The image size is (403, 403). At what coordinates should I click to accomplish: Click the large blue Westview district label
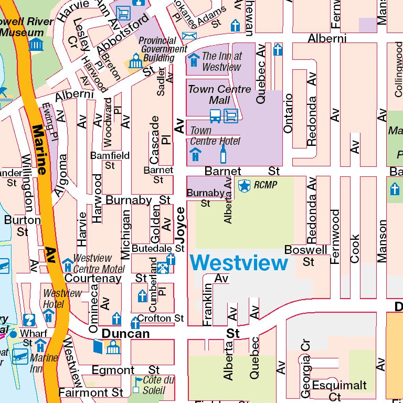[x=239, y=263]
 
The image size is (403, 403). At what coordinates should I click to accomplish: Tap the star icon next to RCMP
[x=244, y=185]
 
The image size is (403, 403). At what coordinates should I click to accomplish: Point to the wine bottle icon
[x=223, y=154]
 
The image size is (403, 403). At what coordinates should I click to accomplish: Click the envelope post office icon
[x=189, y=36]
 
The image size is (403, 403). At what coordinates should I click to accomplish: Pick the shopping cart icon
[x=123, y=12]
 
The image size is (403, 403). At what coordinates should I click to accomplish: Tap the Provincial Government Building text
[x=163, y=49]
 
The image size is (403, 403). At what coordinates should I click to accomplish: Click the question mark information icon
[x=29, y=319]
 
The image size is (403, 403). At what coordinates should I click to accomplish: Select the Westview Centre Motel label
[x=99, y=263]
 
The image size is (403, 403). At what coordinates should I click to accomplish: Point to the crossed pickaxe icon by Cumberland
[x=163, y=269]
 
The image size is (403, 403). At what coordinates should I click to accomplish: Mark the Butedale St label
[x=158, y=248]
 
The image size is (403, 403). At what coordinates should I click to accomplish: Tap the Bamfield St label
[x=110, y=160]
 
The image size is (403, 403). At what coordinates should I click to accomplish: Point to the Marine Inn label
[x=44, y=363]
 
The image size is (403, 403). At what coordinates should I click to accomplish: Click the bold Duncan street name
[x=125, y=333]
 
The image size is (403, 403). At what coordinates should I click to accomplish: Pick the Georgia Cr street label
[x=306, y=362]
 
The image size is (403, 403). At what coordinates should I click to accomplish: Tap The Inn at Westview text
[x=222, y=61]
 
